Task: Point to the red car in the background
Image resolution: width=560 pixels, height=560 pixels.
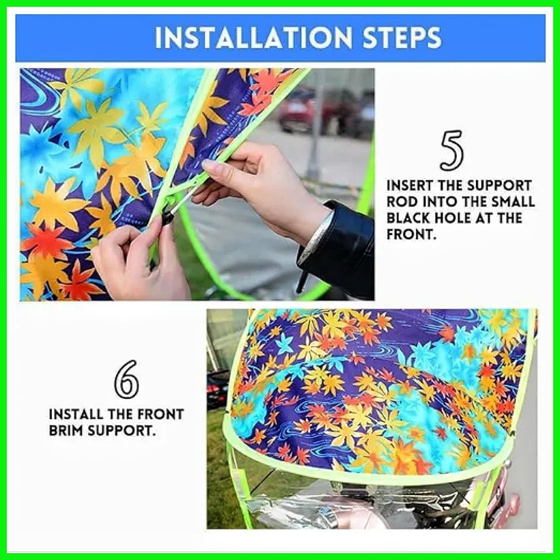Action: pos(300,109)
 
